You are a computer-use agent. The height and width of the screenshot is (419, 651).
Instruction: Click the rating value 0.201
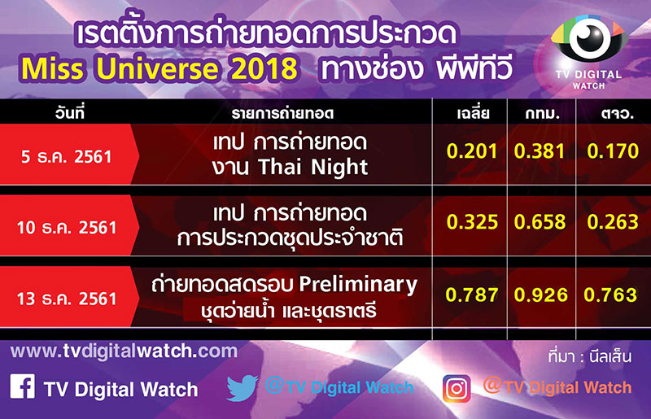pyautogui.click(x=472, y=151)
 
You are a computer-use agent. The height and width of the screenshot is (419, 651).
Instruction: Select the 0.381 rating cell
pyautogui.click(x=540, y=151)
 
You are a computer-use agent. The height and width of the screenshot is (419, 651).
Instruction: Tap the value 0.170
pyautogui.click(x=613, y=151)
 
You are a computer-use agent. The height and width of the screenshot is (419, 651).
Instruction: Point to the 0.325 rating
pyautogui.click(x=472, y=222)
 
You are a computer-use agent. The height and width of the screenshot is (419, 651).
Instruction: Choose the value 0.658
pyautogui.click(x=540, y=222)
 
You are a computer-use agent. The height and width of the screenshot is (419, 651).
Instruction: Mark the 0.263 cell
pyautogui.click(x=613, y=222)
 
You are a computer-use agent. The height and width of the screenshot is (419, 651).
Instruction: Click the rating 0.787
pyautogui.click(x=472, y=295)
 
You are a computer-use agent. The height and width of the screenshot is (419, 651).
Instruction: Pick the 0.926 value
pyautogui.click(x=540, y=295)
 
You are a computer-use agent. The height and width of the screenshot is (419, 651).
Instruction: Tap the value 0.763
pyautogui.click(x=610, y=295)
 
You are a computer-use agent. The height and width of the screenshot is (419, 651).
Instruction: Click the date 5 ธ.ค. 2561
pyautogui.click(x=67, y=157)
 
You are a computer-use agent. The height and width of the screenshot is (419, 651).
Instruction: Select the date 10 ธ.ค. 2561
pyautogui.click(x=67, y=228)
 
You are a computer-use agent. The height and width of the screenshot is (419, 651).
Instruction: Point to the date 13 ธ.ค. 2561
pyautogui.click(x=67, y=299)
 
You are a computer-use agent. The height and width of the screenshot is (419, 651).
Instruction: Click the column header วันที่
pyautogui.click(x=70, y=113)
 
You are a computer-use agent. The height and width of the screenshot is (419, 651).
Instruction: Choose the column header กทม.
pyautogui.click(x=543, y=114)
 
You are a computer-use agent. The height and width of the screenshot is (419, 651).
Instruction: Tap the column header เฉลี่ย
pyautogui.click(x=473, y=113)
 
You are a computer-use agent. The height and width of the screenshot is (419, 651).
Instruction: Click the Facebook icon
pyautogui.click(x=23, y=386)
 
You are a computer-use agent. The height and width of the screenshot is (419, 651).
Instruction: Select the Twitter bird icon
pyautogui.click(x=242, y=387)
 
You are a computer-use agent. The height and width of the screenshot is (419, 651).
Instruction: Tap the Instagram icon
pyautogui.click(x=457, y=389)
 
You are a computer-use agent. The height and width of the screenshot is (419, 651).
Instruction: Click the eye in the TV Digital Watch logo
pyautogui.click(x=589, y=37)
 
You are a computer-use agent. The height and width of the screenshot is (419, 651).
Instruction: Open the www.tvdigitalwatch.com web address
pyautogui.click(x=125, y=351)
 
